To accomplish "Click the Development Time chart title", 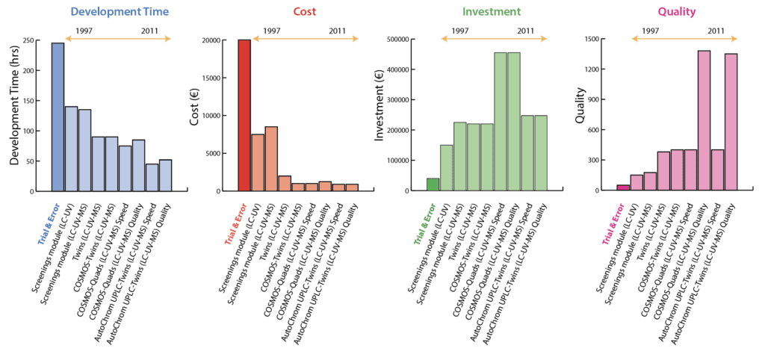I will pos(120,12).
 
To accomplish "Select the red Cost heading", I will pos(300,12).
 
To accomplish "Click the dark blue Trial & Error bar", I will pos(58,117).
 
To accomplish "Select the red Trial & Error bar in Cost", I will pos(244,115).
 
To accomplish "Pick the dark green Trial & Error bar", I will pos(433,184).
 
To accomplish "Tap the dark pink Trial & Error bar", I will pos(623,187).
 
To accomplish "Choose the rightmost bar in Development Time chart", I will pos(165,175).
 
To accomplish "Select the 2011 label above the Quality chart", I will pos(715,31).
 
